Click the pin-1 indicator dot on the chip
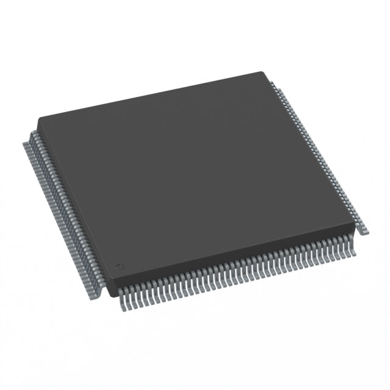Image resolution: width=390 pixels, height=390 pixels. [120, 266]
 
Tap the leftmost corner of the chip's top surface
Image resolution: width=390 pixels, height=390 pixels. [38, 120]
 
